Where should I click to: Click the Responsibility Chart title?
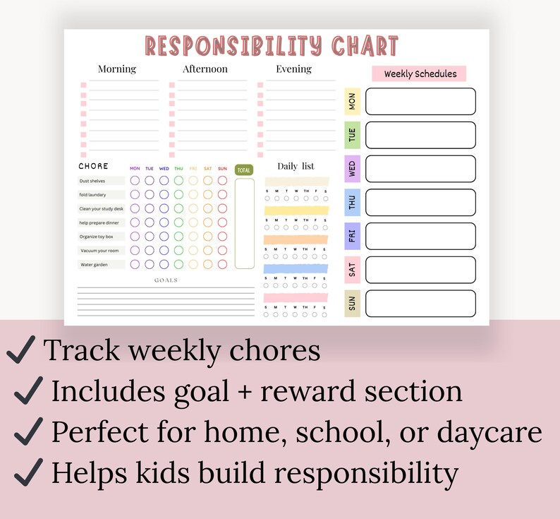tap(272, 46)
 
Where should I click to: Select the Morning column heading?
tap(117, 69)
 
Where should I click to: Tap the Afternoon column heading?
tap(205, 69)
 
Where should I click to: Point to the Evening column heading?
tap(294, 69)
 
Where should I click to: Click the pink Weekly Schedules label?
tap(420, 74)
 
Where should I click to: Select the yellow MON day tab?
tap(352, 101)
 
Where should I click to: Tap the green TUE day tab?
tap(352, 135)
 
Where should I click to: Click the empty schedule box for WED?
tap(420, 169)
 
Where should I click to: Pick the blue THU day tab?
tap(352, 203)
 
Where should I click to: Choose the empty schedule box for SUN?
tap(420, 304)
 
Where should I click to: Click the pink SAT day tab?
tap(352, 270)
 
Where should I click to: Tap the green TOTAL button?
tap(244, 170)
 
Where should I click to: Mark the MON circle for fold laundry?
tap(135, 194)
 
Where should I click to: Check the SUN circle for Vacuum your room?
tap(222, 250)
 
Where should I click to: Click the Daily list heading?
tap(296, 167)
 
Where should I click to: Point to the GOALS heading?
tap(166, 280)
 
